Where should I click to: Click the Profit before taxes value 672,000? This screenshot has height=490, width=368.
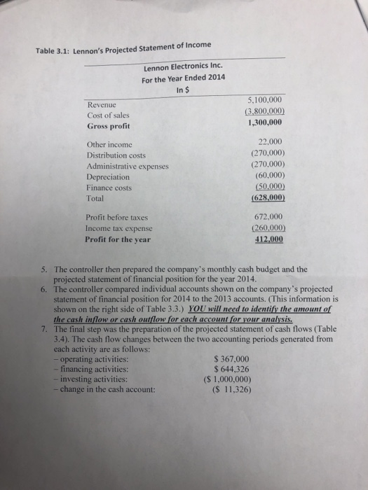click(x=256, y=217)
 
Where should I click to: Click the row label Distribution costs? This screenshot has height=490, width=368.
click(x=116, y=155)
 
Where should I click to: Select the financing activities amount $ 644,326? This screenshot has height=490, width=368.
click(x=236, y=369)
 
